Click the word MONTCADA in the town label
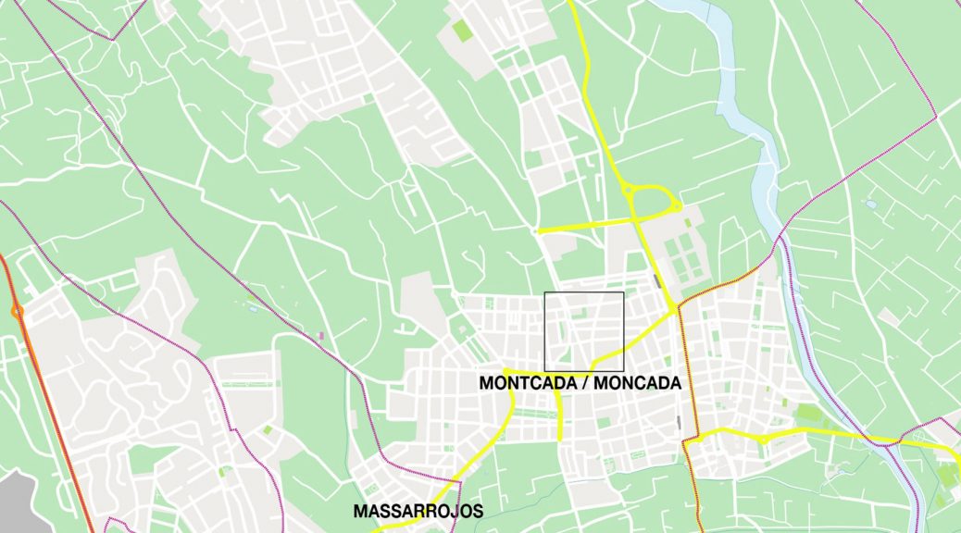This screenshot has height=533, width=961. pyautogui.click(x=522, y=383)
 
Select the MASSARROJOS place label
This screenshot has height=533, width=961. pyautogui.click(x=418, y=510)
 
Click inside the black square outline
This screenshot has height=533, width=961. pyautogui.click(x=583, y=331)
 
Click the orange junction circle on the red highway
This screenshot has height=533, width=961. pyautogui.click(x=17, y=312)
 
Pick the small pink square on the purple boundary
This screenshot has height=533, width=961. pyautogui.click(x=321, y=335)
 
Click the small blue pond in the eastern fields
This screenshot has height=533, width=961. pyautogui.click(x=869, y=203)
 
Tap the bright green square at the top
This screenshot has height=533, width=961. pyautogui.click(x=462, y=30)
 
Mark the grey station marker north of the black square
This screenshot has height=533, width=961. pyautogui.click(x=656, y=279)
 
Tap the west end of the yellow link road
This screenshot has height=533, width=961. pyautogui.click(x=539, y=231)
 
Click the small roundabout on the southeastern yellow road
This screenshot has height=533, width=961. pyautogui.click(x=763, y=438)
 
